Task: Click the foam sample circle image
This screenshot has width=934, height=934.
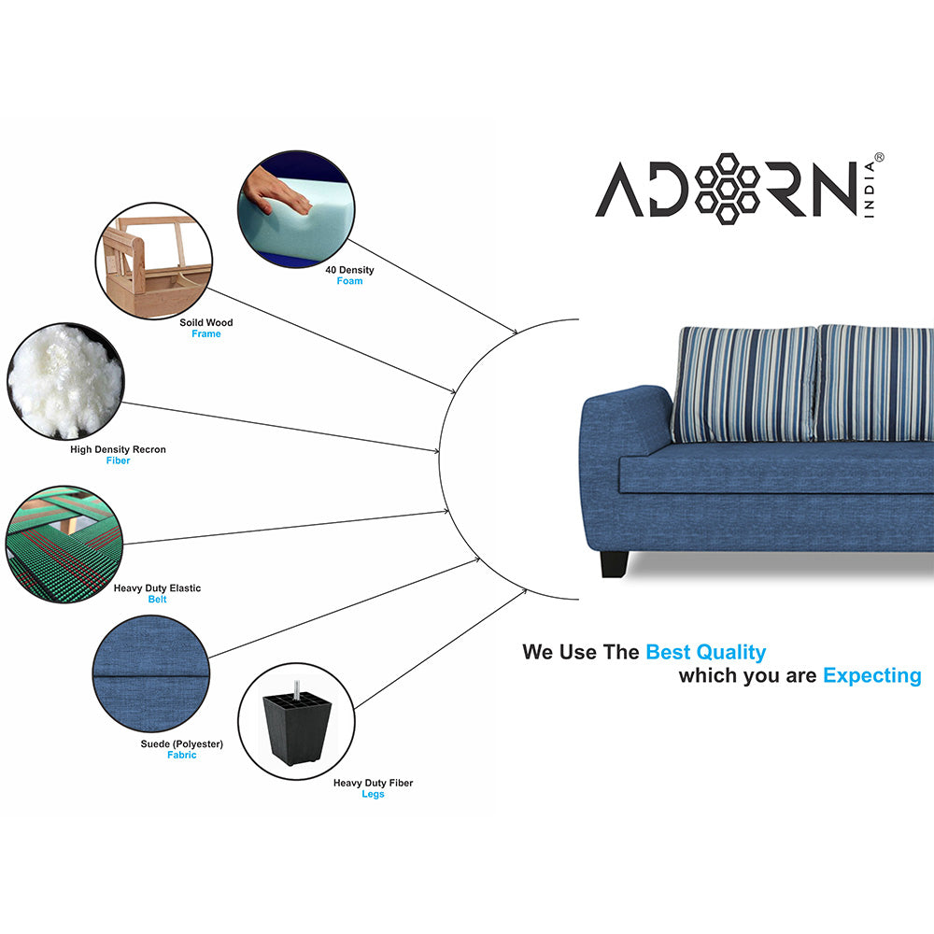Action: [x=296, y=209]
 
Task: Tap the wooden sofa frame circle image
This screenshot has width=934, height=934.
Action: [x=154, y=261]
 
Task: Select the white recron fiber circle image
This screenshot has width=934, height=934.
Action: [x=65, y=381]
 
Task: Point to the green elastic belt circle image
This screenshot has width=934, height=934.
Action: [x=64, y=544]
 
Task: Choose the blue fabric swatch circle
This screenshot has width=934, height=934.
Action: [x=151, y=673]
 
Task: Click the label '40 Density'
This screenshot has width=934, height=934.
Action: [x=349, y=270]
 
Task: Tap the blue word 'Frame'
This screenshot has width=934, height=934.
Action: [x=206, y=333]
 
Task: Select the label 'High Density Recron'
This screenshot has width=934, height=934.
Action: [x=118, y=449]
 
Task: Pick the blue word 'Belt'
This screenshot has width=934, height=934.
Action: [x=157, y=600]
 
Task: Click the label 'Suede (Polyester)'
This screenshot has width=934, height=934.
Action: [x=182, y=744]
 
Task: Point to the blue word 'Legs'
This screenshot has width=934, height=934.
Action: [x=373, y=794]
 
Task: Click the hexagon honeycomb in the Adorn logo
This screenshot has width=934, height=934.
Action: [x=727, y=189]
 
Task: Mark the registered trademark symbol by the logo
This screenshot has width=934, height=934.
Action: [x=879, y=157]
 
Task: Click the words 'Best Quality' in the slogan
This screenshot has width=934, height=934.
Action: [x=706, y=653]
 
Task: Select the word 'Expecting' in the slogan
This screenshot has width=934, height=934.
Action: [x=872, y=676]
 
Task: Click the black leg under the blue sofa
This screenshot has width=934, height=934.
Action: [x=615, y=564]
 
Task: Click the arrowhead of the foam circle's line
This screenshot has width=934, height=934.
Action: [x=514, y=331]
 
